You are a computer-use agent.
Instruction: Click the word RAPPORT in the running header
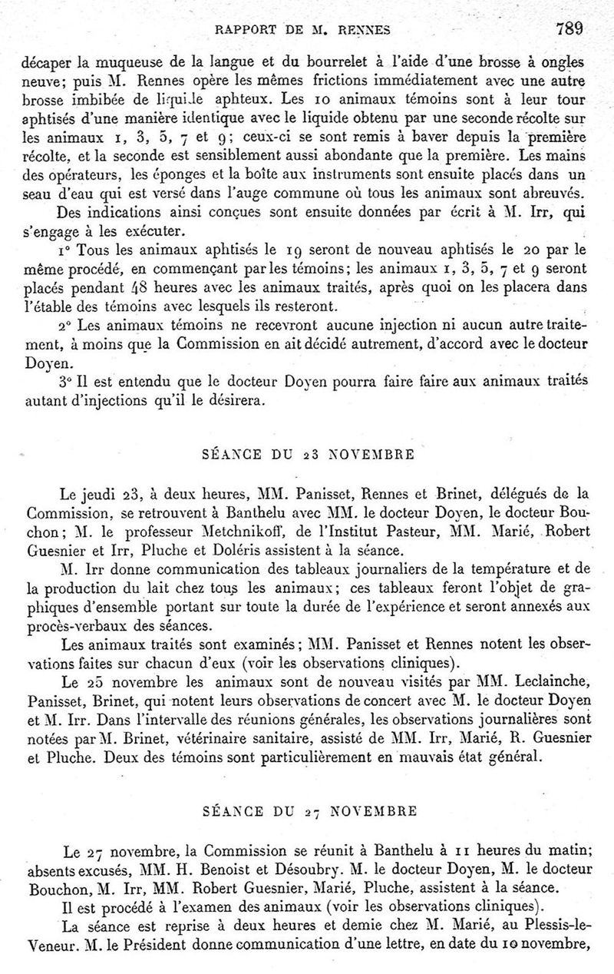(x=246, y=31)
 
